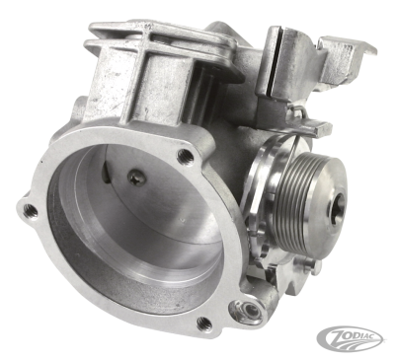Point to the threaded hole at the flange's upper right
tap(185, 156)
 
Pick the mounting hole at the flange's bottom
tap(203, 323)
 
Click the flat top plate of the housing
tap(178, 39)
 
